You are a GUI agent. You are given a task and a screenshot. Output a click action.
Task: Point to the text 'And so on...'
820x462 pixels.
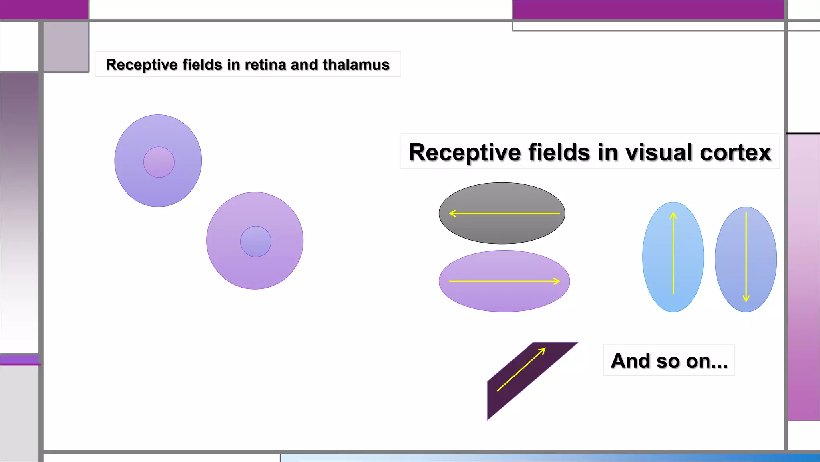[x=669, y=361]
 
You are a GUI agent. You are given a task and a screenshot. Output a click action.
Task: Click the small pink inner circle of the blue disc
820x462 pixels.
[x=159, y=162]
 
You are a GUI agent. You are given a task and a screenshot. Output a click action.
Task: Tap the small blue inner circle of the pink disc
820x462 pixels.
[x=255, y=241]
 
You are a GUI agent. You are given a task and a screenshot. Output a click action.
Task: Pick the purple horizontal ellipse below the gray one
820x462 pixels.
[x=504, y=297]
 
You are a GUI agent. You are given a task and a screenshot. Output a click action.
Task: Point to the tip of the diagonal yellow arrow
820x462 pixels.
[x=544, y=349]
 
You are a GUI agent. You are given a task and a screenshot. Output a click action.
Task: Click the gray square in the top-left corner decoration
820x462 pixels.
[x=66, y=46]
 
